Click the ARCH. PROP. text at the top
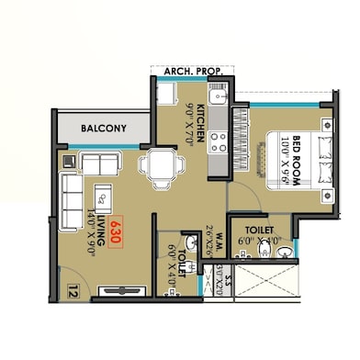[193, 71]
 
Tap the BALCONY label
[102, 129]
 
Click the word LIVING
[95, 212]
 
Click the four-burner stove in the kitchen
[219, 141]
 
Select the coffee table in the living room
[104, 195]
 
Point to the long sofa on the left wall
[71, 200]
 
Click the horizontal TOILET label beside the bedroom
[250, 228]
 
